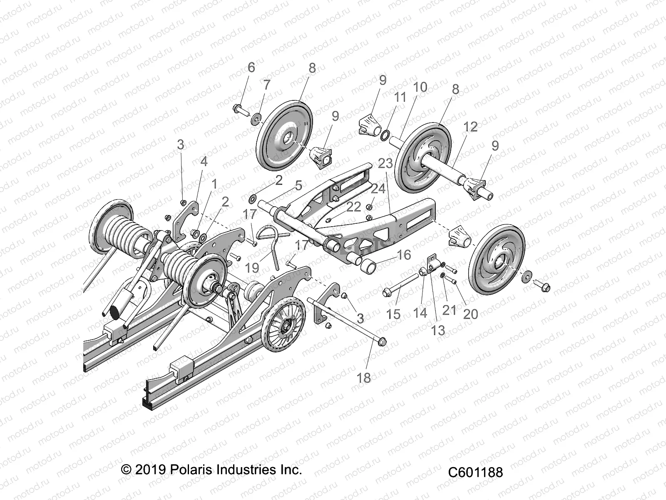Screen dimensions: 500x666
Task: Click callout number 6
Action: click(x=251, y=67)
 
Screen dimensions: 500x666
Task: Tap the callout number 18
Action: click(x=364, y=378)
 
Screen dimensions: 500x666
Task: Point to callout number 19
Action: click(x=252, y=268)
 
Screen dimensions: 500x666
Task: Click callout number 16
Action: click(x=404, y=255)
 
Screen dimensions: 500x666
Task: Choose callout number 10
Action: click(x=420, y=87)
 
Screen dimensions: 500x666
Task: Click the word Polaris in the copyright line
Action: click(x=193, y=470)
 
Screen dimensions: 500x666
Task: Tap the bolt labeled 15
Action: click(x=403, y=282)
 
